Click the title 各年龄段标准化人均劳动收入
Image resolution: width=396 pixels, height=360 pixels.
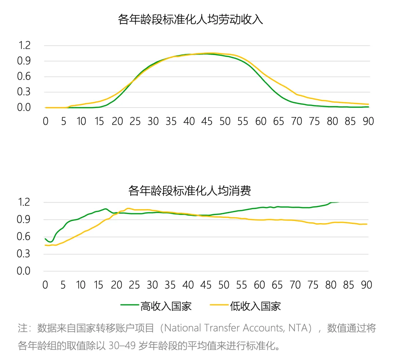coord(190,19)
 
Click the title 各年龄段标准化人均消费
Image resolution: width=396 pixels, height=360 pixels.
coord(190,191)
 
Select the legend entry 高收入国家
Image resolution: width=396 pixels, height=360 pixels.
coord(166,306)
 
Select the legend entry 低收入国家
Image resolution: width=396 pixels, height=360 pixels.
coord(255,306)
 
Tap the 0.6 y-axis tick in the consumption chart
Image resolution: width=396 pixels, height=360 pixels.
coord(24,237)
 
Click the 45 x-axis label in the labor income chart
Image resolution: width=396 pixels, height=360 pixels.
coord(207,121)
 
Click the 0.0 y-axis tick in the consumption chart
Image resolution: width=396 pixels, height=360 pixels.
coord(24,271)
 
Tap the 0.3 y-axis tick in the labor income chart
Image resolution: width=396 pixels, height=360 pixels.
coord(24,92)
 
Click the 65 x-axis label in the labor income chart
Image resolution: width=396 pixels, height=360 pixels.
coord(279,121)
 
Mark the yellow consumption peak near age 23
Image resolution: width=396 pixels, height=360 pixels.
coord(128,208)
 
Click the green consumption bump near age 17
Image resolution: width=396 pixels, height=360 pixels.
coord(106,209)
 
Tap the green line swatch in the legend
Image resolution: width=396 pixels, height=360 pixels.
coord(129,306)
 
